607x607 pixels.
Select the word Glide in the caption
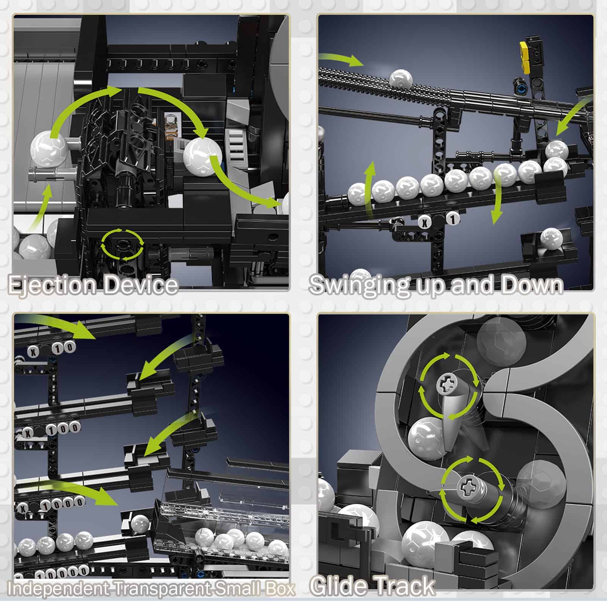(340, 586)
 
